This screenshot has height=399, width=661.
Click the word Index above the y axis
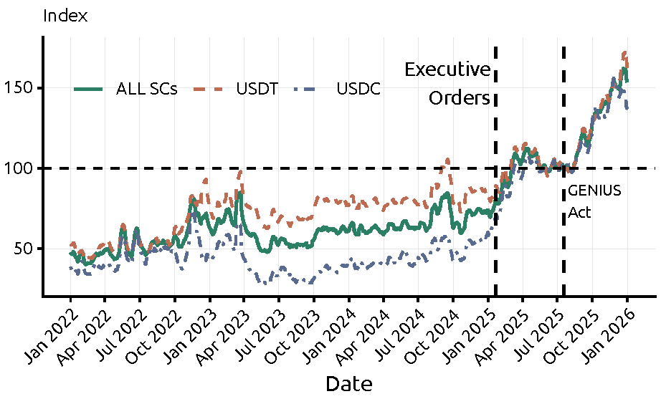click(x=65, y=16)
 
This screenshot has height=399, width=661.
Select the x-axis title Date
click(x=349, y=384)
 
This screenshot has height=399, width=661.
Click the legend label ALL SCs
click(x=146, y=89)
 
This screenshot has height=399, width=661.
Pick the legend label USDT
click(x=257, y=89)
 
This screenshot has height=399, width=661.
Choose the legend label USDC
click(x=358, y=89)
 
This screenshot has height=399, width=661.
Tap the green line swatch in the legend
click(x=90, y=89)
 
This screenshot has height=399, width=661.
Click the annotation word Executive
click(x=447, y=70)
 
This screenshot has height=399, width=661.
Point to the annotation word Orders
click(x=460, y=98)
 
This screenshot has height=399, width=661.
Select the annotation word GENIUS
click(x=594, y=192)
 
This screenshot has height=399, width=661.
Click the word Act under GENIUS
click(x=579, y=213)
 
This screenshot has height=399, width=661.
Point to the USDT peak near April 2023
click(x=241, y=172)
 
